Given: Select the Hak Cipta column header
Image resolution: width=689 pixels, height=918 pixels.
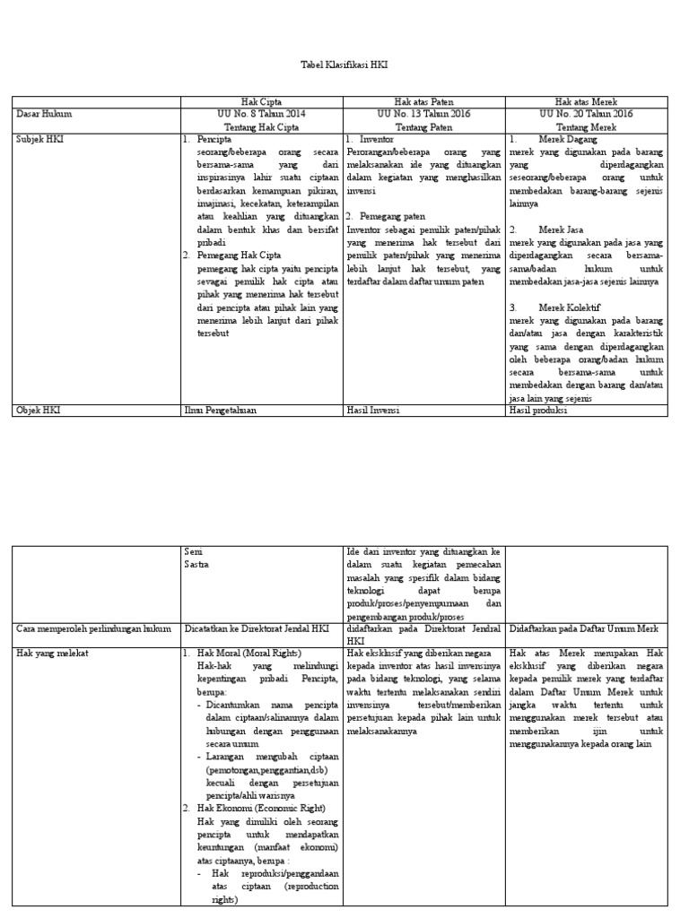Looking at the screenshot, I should click(x=261, y=102).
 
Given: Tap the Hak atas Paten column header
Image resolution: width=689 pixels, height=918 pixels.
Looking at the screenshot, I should click(x=423, y=102).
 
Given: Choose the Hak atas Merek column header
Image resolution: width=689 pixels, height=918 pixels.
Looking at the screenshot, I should click(x=586, y=102).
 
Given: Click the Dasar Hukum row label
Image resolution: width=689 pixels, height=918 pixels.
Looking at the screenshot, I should click(x=44, y=115).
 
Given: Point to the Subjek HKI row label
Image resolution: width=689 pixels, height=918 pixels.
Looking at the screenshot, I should click(x=40, y=140).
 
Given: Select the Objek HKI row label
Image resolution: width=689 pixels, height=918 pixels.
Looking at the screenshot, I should click(x=39, y=411).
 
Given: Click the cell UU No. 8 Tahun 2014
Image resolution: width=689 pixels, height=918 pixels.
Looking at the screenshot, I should click(x=261, y=115).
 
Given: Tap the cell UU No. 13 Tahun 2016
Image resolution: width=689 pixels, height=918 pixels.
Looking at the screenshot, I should click(x=423, y=115).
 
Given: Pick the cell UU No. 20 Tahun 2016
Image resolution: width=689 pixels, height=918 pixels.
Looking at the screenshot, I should click(x=586, y=115).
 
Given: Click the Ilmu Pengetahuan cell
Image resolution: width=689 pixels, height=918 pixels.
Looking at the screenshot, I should click(x=220, y=411).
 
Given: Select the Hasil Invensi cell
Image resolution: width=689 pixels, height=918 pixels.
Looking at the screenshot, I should click(x=372, y=411).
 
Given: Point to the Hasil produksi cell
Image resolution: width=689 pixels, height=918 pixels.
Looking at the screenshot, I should click(x=538, y=411).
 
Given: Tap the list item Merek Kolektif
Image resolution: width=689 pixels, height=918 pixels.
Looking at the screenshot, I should click(x=569, y=307).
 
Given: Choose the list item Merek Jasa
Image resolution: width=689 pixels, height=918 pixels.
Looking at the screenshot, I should click(x=563, y=229).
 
